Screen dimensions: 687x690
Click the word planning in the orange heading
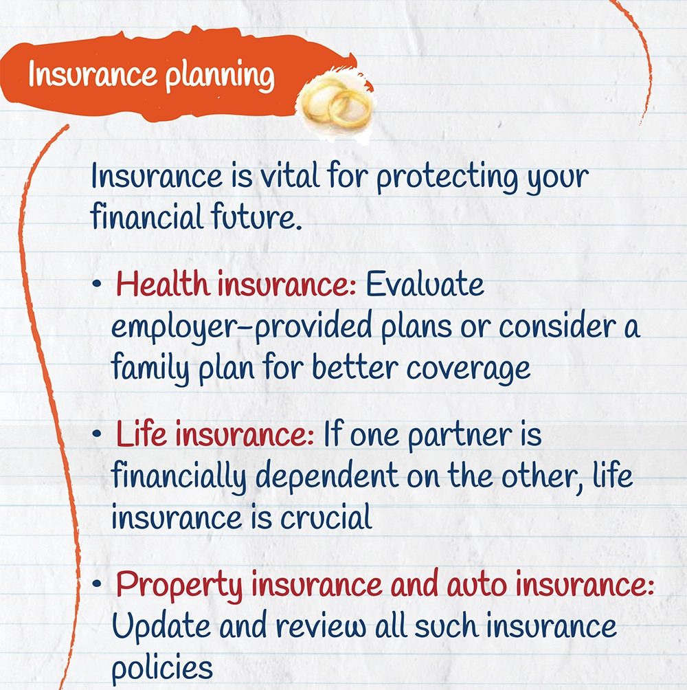(x=220, y=76)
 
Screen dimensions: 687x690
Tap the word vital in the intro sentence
(x=289, y=176)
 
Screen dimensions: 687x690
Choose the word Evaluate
(x=425, y=284)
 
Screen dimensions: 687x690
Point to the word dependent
(x=327, y=477)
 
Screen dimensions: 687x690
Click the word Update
(x=161, y=627)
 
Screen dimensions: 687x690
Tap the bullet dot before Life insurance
(x=97, y=434)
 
